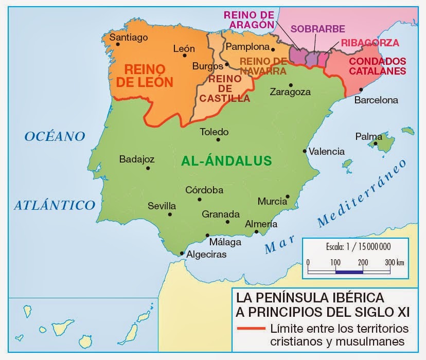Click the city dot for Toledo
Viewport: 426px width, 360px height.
219,139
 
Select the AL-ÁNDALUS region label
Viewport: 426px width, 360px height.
226,160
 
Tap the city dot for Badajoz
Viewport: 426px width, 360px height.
148,168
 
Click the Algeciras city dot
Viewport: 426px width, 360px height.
182,253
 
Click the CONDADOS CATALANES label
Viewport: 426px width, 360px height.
377,66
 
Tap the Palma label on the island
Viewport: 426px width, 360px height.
369,137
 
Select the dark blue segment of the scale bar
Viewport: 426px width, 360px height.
349,271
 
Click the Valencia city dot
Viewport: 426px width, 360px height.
305,151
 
